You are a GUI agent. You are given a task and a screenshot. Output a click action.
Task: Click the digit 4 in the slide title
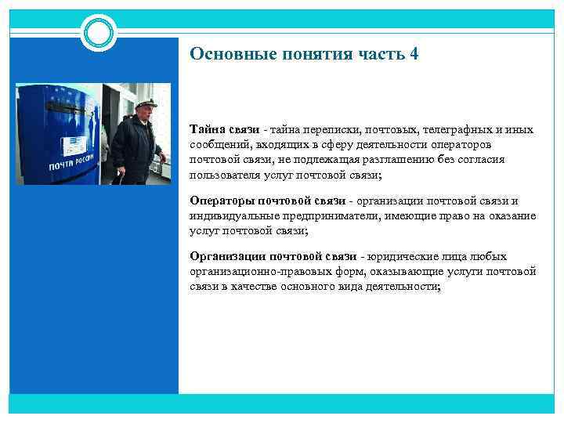[x=414, y=55]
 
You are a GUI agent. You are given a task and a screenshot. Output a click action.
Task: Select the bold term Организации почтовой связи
[x=273, y=257]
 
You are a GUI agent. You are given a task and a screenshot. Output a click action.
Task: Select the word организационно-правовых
[x=267, y=272]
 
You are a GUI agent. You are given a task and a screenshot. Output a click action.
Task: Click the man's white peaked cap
[x=146, y=103]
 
